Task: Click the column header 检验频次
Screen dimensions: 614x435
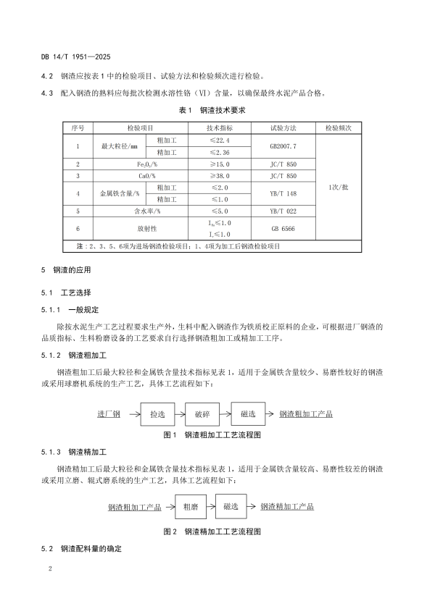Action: click(x=338, y=127)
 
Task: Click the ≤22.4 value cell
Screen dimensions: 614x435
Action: click(x=220, y=140)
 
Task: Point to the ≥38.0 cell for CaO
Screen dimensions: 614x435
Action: click(x=220, y=175)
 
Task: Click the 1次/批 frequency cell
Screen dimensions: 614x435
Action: click(x=338, y=185)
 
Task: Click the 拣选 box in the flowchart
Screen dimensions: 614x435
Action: click(x=157, y=414)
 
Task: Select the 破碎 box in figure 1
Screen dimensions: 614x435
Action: click(x=202, y=414)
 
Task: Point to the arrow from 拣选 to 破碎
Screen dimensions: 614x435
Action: click(x=180, y=414)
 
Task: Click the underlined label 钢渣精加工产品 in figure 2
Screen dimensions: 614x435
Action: click(x=288, y=507)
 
